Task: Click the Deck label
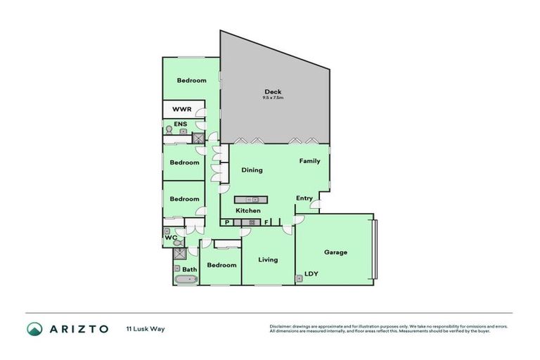click(272, 91)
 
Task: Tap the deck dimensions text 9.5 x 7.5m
click(273, 98)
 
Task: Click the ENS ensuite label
click(180, 125)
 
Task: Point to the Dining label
click(252, 170)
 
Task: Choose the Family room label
click(309, 161)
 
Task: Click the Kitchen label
click(247, 211)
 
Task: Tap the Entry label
click(304, 198)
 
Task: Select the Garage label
click(335, 252)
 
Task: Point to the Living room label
click(268, 259)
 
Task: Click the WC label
click(169, 238)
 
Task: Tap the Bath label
click(190, 269)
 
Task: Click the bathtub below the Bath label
click(186, 279)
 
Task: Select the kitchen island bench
click(251, 199)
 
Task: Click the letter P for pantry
click(227, 222)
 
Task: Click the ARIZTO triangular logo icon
click(34, 328)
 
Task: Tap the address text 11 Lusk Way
click(146, 328)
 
